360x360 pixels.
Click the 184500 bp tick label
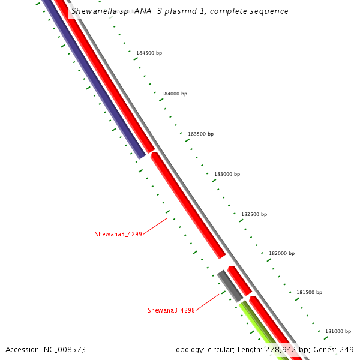(x=149, y=53)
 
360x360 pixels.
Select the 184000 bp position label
(x=174, y=94)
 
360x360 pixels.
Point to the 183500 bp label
(x=200, y=134)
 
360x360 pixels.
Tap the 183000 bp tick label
(x=227, y=174)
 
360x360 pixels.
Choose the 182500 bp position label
(x=254, y=214)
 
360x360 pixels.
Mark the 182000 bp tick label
(x=281, y=253)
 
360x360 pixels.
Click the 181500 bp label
(x=309, y=292)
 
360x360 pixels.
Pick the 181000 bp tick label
(x=338, y=331)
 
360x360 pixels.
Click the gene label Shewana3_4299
(x=118, y=234)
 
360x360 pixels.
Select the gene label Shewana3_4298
(x=171, y=310)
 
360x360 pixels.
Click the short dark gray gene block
(x=230, y=286)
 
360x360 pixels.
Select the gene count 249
(x=347, y=350)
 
